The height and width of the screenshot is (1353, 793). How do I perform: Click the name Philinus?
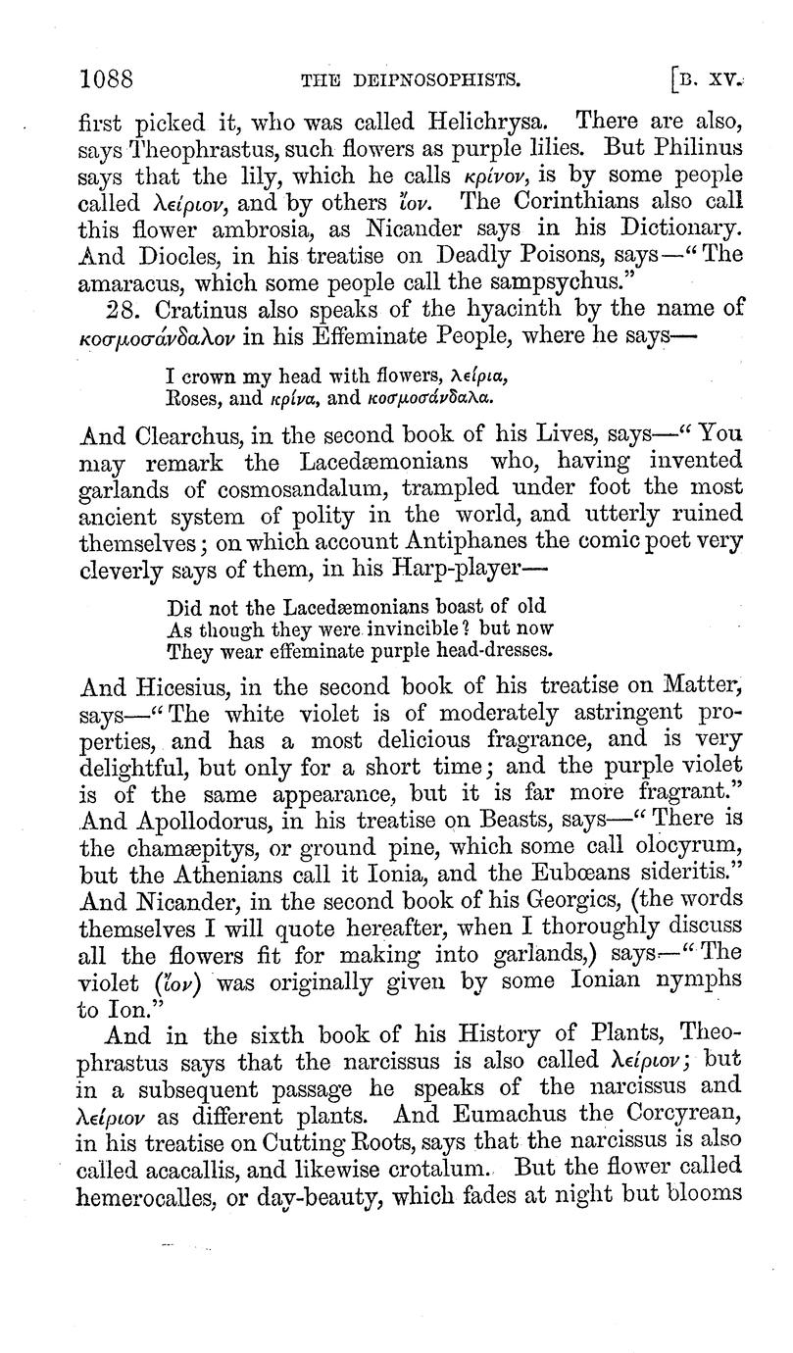pos(692,152)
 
